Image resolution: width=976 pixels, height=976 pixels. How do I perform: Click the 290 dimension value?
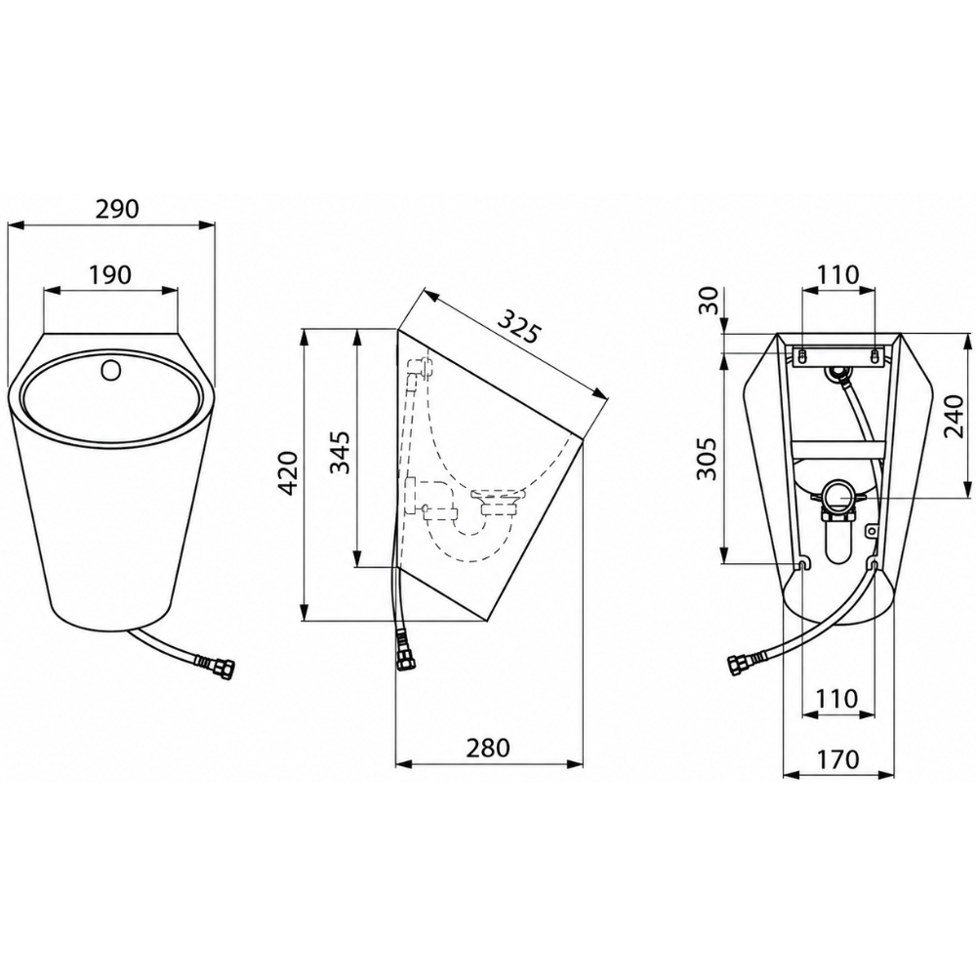[117, 209]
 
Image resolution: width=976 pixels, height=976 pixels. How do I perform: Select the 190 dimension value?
[110, 274]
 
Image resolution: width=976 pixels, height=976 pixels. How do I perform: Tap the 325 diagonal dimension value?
[518, 325]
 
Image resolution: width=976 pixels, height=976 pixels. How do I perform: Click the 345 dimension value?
[340, 453]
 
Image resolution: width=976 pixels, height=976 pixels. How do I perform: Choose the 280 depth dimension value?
[488, 748]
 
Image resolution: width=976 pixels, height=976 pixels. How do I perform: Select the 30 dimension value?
[709, 302]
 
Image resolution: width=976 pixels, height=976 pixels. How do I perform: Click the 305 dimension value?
[707, 460]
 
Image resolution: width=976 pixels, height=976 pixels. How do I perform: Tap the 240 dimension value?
[954, 416]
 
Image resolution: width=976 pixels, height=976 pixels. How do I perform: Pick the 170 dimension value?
[837, 758]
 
